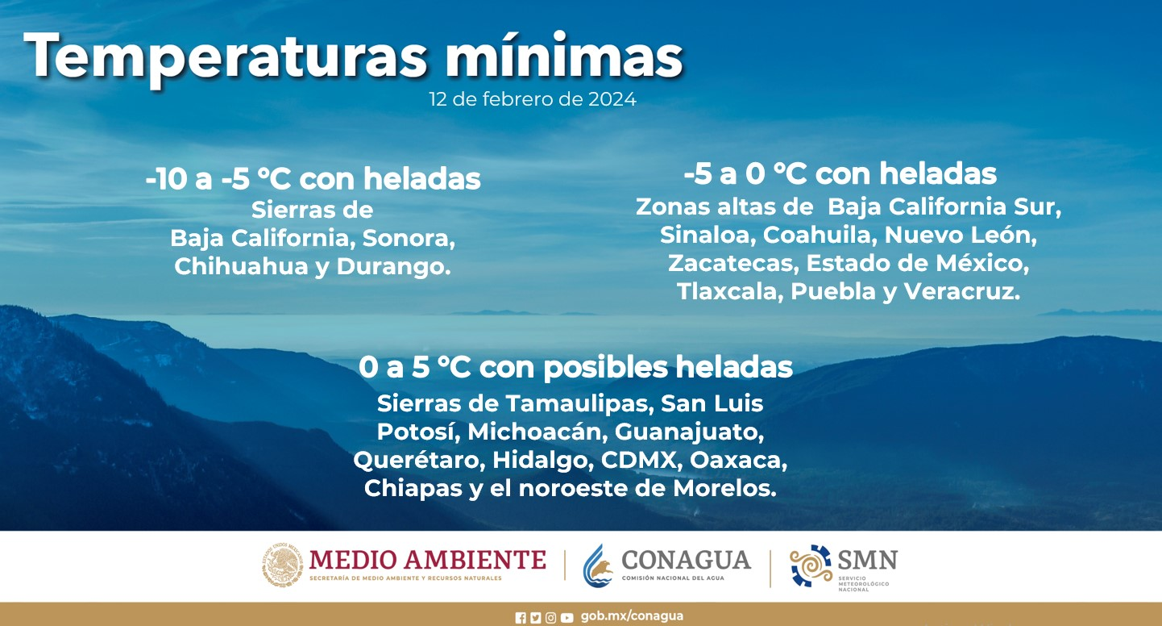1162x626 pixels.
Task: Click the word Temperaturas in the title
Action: (226, 56)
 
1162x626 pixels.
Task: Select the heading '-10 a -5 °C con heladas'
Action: (313, 179)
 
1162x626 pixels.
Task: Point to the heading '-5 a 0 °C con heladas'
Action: (840, 173)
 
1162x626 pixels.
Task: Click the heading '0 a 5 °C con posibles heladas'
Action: (576, 367)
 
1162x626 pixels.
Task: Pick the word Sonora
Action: (409, 239)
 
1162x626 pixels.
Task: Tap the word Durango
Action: (394, 267)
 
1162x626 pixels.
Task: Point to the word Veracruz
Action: (962, 291)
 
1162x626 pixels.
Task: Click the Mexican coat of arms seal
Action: (283, 565)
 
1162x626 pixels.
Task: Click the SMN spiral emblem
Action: (811, 565)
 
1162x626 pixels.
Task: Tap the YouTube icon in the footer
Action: (567, 618)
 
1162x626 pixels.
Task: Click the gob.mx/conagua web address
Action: (632, 616)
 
